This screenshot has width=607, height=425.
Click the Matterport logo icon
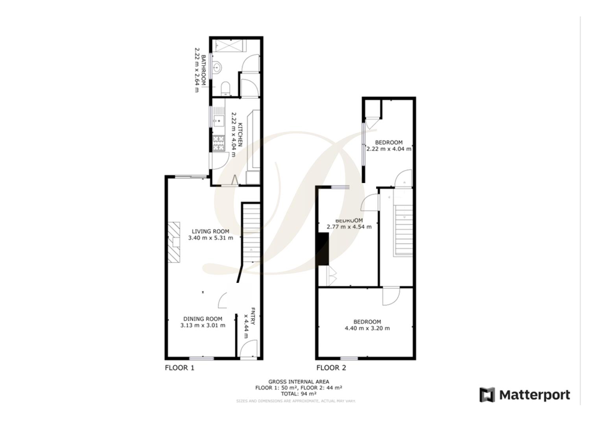click(487, 395)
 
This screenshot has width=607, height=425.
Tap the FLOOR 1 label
click(179, 368)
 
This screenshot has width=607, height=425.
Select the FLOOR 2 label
click(331, 368)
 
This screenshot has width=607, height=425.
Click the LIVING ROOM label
click(210, 231)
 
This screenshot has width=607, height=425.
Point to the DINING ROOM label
click(203, 319)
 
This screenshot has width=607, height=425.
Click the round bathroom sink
click(218, 68)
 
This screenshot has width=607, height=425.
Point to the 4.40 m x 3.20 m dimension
click(367, 328)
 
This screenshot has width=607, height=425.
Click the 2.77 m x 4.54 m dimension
click(349, 227)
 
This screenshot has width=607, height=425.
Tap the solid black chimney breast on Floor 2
click(323, 249)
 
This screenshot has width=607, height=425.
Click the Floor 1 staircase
click(251, 232)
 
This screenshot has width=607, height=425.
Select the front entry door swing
click(248, 350)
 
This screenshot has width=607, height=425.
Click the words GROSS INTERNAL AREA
click(299, 381)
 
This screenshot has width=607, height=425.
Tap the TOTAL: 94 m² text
click(299, 394)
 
